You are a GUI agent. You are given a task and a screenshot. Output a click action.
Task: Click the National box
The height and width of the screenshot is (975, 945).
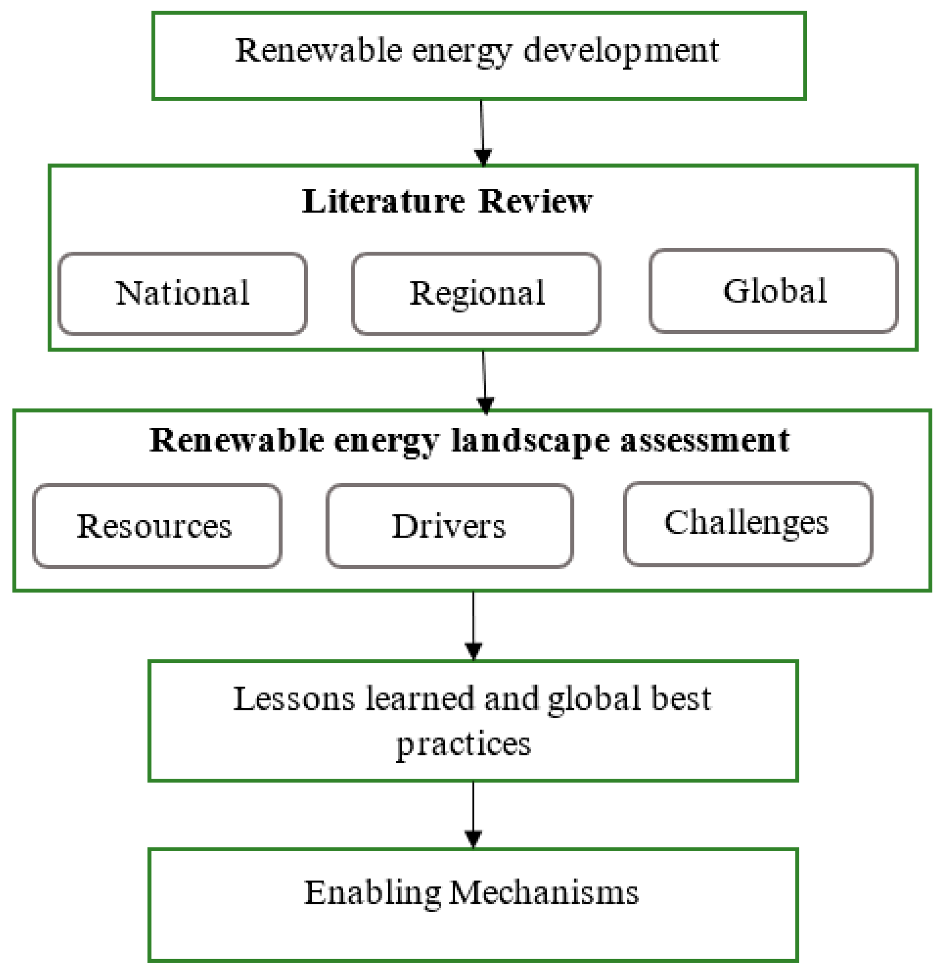pyautogui.click(x=182, y=293)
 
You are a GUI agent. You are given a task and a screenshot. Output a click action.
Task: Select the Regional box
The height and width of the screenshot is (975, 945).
pyautogui.click(x=476, y=293)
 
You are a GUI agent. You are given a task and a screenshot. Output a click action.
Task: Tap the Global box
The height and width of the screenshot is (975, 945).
pyautogui.click(x=773, y=291)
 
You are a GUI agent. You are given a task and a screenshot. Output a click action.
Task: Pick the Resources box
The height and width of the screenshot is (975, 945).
pyautogui.click(x=157, y=526)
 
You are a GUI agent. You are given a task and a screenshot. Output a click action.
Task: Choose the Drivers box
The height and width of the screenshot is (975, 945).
pyautogui.click(x=449, y=526)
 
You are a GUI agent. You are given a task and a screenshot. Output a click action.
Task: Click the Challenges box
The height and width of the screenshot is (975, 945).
pyautogui.click(x=747, y=523)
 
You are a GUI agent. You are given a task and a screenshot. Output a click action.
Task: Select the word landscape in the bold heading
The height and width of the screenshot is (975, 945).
pyautogui.click(x=530, y=441)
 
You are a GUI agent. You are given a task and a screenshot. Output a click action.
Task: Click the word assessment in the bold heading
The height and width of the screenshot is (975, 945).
pyautogui.click(x=704, y=441)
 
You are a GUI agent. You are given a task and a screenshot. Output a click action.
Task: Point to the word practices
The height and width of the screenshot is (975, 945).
pyautogui.click(x=463, y=745)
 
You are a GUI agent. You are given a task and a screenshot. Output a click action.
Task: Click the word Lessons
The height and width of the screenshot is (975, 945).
pyautogui.click(x=294, y=699)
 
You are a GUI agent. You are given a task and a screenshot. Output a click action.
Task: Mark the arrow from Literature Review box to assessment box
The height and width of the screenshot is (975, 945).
pyautogui.click(x=484, y=381)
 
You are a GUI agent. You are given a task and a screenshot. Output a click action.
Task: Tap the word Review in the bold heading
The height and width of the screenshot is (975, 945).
pyautogui.click(x=535, y=201)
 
